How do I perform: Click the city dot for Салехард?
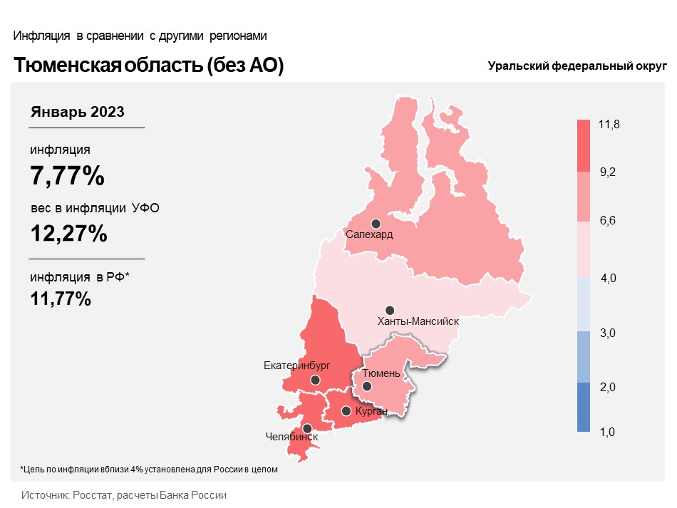coord(376,224)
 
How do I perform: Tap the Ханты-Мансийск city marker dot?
coord(389,311)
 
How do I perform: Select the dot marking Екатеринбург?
coord(315,380)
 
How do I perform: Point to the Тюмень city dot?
coord(366,386)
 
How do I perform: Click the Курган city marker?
coord(346,411)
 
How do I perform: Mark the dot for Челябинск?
coord(307,429)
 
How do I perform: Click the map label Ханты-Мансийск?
coord(418,321)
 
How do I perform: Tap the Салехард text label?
coord(369,235)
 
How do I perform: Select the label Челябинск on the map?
coord(291,437)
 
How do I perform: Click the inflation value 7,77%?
coord(68,175)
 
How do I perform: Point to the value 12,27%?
coord(68,234)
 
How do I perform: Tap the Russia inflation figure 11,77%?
coord(61,299)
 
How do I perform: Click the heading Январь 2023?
coord(77,112)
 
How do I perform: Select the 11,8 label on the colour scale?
coord(609,124)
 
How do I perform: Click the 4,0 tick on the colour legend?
coord(609,278)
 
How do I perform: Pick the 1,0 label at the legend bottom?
coord(607,432)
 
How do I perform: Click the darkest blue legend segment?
coord(584,407)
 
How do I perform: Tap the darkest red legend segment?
coord(584,146)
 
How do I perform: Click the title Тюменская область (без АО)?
coord(148,65)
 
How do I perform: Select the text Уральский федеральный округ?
coord(577,66)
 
